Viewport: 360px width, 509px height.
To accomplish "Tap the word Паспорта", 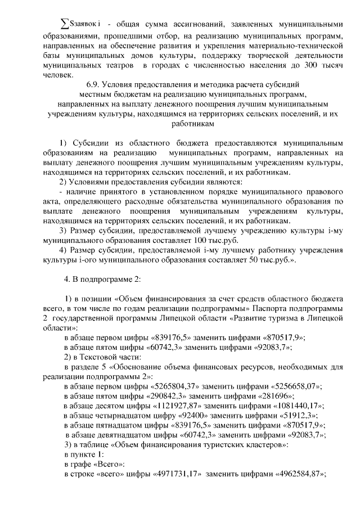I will point(270,308).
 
